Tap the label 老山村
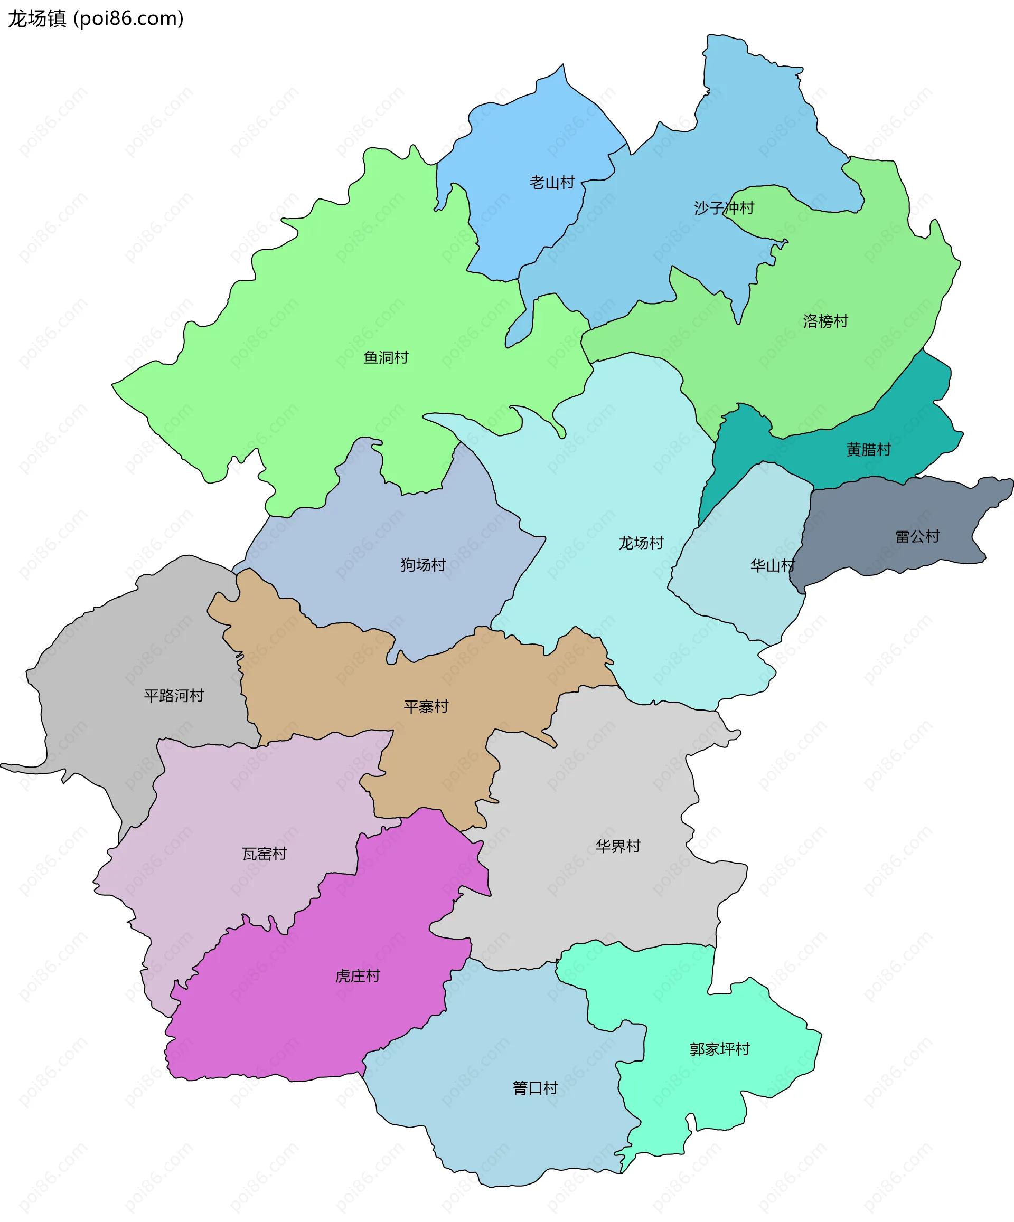click(x=552, y=183)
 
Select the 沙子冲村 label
click(x=724, y=208)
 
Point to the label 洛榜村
click(x=825, y=321)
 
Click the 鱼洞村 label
click(x=386, y=357)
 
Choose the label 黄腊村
click(x=868, y=449)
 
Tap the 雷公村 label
click(x=917, y=536)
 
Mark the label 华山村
click(x=773, y=566)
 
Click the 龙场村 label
click(x=641, y=543)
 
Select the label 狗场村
click(x=423, y=564)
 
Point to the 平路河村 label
click(x=174, y=695)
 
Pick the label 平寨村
click(x=426, y=706)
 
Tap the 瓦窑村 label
click(x=265, y=854)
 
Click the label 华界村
click(x=618, y=846)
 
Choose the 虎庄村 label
click(x=358, y=976)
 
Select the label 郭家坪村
click(x=719, y=1049)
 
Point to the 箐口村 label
click(x=536, y=1088)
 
